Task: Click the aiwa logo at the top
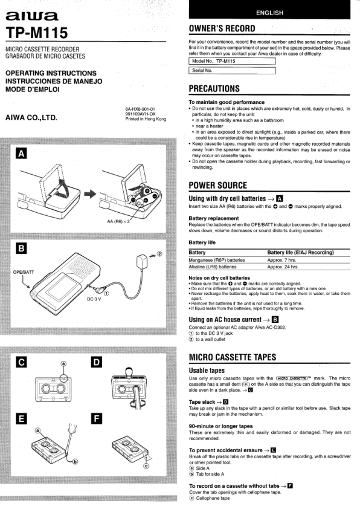point(31,16)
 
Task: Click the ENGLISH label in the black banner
point(270,13)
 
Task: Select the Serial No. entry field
point(232,70)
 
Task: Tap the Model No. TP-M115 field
point(232,61)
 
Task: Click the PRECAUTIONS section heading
point(214,89)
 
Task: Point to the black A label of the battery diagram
point(21,154)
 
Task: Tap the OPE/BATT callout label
point(24,272)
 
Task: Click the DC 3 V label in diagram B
point(94,299)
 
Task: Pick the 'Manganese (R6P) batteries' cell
point(217,260)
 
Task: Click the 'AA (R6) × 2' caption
point(118,221)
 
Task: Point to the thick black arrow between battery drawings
point(90,194)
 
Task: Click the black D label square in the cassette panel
point(97,362)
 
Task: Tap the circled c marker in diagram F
point(146,465)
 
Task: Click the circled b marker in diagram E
point(75,462)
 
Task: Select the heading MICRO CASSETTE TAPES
point(233,357)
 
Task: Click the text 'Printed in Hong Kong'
point(146,119)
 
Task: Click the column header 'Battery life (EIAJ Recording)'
point(300,252)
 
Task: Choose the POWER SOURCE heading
point(218,185)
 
